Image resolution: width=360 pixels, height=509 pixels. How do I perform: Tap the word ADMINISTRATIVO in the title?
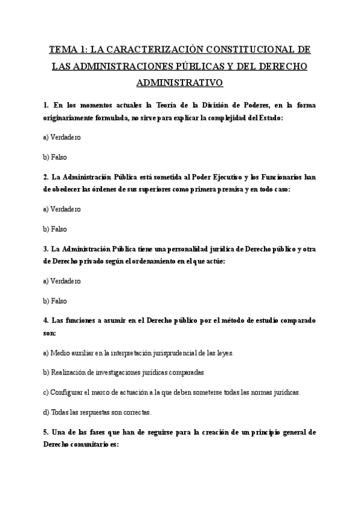click(180, 82)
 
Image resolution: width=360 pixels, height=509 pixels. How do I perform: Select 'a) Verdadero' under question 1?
click(62, 137)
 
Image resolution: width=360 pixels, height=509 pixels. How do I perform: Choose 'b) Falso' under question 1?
click(55, 157)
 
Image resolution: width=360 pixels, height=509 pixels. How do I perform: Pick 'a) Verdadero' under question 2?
click(62, 209)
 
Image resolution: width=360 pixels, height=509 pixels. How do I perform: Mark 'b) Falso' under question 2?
click(55, 229)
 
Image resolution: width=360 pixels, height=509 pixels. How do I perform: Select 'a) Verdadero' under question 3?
click(62, 281)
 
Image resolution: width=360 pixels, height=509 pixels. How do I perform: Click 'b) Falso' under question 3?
click(55, 300)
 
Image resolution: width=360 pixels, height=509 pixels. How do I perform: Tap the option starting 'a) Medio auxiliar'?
click(138, 353)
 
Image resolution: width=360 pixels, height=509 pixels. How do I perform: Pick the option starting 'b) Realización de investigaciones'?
click(124, 372)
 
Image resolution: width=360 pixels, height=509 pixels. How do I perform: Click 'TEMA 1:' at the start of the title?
click(68, 50)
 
